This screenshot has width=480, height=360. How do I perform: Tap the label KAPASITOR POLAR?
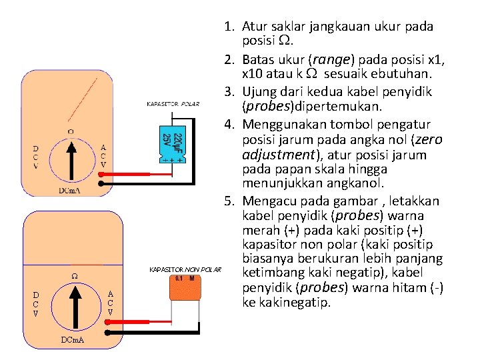click(173, 104)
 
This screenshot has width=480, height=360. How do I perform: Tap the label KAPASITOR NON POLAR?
click(185, 269)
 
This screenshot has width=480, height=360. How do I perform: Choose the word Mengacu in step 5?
click(268, 201)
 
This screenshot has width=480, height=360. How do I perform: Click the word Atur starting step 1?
click(254, 27)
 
